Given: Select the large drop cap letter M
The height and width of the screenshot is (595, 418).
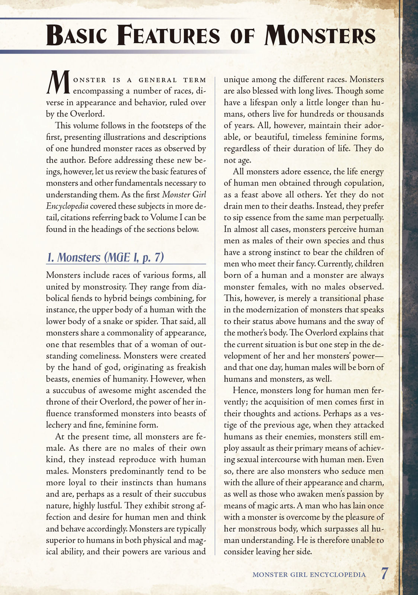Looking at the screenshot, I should [x=58, y=83].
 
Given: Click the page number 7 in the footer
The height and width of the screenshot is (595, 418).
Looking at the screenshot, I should [x=385, y=573].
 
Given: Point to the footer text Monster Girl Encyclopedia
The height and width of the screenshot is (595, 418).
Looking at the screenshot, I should [x=309, y=575].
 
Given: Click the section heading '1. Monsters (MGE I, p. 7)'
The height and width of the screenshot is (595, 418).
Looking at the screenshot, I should [x=105, y=257].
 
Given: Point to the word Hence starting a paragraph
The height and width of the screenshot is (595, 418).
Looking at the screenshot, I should [x=245, y=390].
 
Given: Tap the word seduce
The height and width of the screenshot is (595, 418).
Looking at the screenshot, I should [x=343, y=471].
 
